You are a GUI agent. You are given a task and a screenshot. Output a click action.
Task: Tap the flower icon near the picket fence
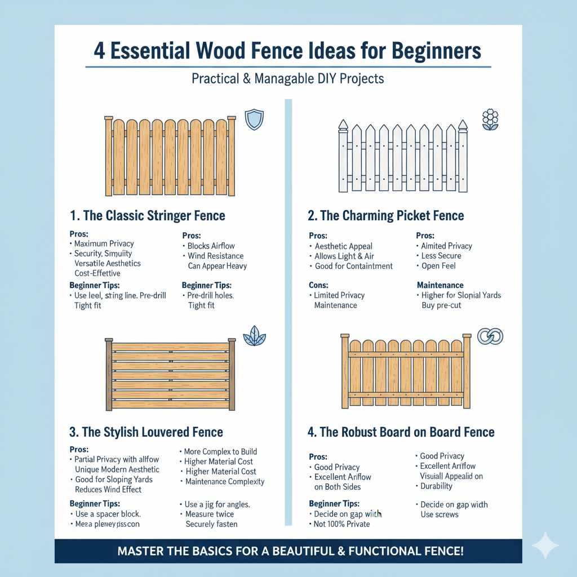coord(490,120)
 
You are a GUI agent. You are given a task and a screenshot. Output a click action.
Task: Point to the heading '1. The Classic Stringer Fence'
coord(148,215)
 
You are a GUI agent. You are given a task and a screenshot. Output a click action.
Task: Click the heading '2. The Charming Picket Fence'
coord(385,215)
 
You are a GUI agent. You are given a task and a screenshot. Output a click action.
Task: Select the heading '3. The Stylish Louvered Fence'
coord(146,432)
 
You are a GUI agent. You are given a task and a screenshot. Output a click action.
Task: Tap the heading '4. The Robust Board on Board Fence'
coord(401,432)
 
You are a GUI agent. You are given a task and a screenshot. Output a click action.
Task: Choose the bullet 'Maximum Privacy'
coord(104,243)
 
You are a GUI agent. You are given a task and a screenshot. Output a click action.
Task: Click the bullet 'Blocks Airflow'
coord(211,246)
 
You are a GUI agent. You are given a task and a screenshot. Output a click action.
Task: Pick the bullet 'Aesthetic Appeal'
coord(343,246)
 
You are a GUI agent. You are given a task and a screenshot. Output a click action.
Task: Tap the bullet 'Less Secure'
coord(441,256)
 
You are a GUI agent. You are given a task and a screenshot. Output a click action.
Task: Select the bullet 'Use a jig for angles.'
coord(217,504)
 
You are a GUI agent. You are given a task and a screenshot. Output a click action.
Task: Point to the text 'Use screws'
coord(440,514)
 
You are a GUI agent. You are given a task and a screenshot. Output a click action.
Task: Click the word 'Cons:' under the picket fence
coord(318,285)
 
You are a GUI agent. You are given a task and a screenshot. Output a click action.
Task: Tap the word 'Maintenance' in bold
coord(440,285)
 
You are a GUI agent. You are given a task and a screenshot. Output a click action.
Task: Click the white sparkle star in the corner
coord(545,545)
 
